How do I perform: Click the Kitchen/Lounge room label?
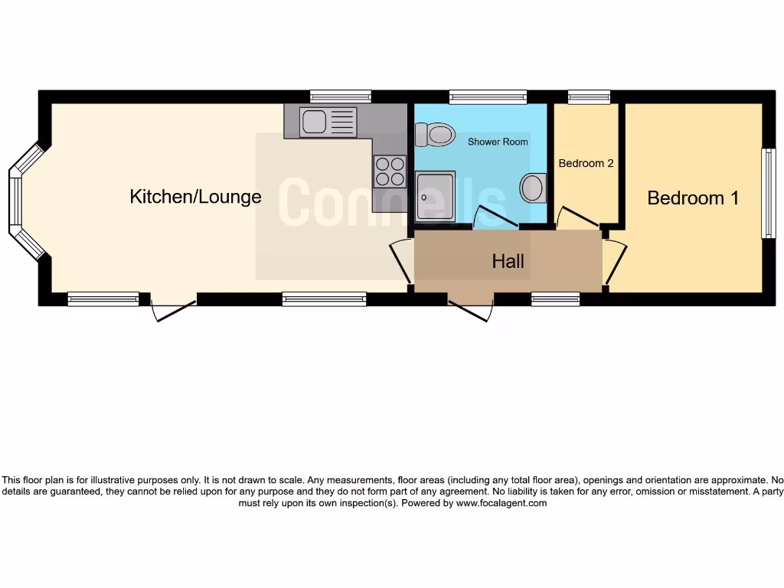tap(195, 197)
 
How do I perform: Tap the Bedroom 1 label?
tap(693, 198)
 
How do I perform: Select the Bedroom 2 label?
tap(586, 163)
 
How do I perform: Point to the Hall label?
tap(508, 262)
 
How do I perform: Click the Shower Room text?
tap(498, 142)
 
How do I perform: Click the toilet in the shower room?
tap(434, 136)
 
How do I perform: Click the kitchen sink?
tap(328, 122)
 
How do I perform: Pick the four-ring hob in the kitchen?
tap(389, 171)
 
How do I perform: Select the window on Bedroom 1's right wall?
tap(767, 193)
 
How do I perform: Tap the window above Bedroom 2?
tap(589, 96)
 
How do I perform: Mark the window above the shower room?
tap(488, 96)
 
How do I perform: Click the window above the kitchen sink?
tap(341, 96)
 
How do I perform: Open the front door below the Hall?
tap(469, 310)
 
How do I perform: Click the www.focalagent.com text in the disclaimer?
tap(501, 503)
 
